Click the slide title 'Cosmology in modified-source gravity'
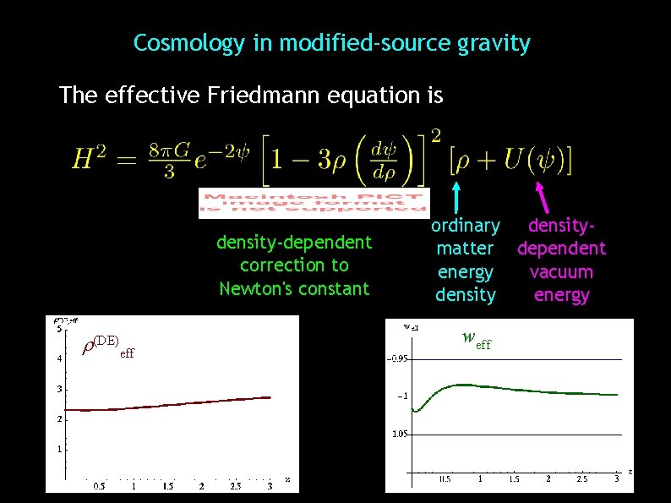point(332,43)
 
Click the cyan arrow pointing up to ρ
point(457,195)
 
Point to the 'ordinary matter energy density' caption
point(465,260)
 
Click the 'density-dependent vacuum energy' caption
point(561,260)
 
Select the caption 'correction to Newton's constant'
point(294,277)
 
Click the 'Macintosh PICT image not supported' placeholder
point(314,203)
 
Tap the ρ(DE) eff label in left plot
point(106,347)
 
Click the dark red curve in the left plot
point(169,405)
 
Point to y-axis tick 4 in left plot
point(58,358)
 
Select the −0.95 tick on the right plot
point(397,358)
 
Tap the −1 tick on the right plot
point(403,396)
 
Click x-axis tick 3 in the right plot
point(617,479)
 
